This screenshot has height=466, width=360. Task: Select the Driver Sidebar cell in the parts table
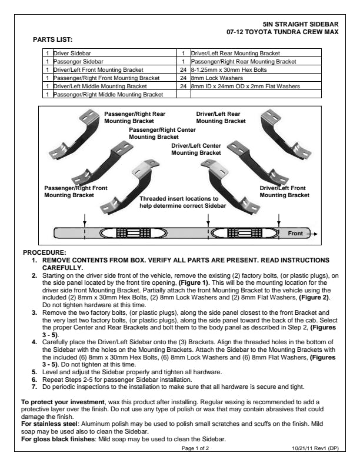pyautogui.click(x=72, y=53)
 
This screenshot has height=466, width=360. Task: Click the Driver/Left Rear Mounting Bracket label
pyautogui.click(x=221, y=117)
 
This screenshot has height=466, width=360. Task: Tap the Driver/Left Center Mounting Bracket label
pyautogui.click(x=196, y=149)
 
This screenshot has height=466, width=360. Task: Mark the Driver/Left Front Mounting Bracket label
pyautogui.click(x=284, y=191)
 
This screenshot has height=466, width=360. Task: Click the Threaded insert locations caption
pyautogui.click(x=179, y=202)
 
